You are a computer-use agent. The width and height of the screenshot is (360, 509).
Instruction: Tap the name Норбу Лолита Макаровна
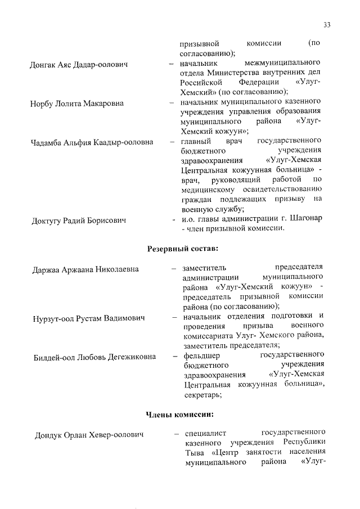pyautogui.click(x=77, y=103)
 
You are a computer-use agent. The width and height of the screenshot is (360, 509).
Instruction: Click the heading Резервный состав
pyautogui.click(x=182, y=248)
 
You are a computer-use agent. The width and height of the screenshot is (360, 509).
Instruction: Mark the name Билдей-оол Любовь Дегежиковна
pyautogui.click(x=94, y=357)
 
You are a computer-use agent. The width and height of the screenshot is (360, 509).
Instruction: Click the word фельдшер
pyautogui.click(x=201, y=356)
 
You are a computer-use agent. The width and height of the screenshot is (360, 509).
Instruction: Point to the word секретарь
pyautogui.click(x=202, y=395)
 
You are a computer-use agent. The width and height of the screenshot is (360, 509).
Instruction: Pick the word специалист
pyautogui.click(x=203, y=434)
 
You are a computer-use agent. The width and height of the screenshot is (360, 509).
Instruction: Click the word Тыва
pyautogui.click(x=193, y=453)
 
